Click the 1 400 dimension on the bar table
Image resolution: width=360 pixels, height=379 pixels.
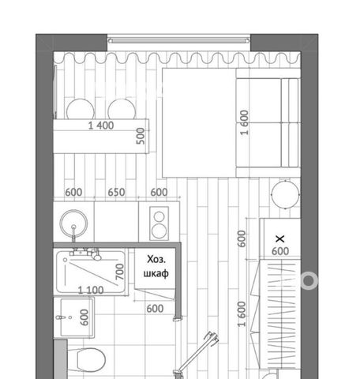coord(101,126)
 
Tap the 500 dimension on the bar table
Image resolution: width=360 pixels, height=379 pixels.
coord(141,136)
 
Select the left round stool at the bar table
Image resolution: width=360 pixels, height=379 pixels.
coord(81,109)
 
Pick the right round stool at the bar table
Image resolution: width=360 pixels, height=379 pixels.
coord(122,109)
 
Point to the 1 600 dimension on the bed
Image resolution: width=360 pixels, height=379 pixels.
coord(244,122)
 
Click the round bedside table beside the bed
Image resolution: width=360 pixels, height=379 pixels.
coord(286,194)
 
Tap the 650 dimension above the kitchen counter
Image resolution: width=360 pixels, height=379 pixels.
coord(116,192)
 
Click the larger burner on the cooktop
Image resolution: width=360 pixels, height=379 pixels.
coord(159,231)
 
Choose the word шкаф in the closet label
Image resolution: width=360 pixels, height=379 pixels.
coord(156,273)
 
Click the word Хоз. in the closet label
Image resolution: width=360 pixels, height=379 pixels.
coord(156,259)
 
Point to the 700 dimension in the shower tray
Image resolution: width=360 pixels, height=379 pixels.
coord(119,272)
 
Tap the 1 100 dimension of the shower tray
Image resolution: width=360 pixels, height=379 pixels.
coord(91,290)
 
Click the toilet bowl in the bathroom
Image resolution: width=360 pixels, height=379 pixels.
coord(92,360)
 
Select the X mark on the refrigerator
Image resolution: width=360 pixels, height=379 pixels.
coord(280,238)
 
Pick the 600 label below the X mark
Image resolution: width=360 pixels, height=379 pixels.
coord(280,251)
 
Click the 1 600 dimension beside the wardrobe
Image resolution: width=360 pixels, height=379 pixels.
coord(242,314)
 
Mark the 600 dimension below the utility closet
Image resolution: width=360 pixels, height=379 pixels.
coord(155,309)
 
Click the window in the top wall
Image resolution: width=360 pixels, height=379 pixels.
coord(178,41)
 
